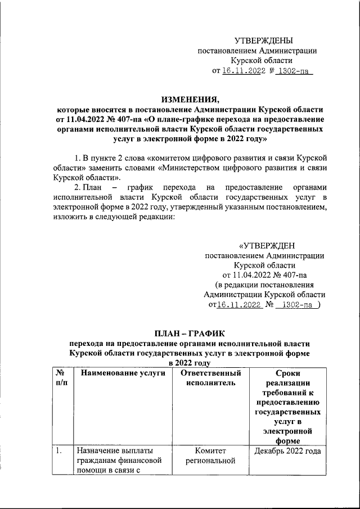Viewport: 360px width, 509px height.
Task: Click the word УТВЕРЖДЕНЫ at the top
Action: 263,40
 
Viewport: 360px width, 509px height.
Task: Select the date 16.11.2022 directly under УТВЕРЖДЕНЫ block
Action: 242,71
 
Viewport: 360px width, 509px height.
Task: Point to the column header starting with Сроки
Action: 287,373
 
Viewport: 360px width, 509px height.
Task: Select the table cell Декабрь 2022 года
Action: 287,451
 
